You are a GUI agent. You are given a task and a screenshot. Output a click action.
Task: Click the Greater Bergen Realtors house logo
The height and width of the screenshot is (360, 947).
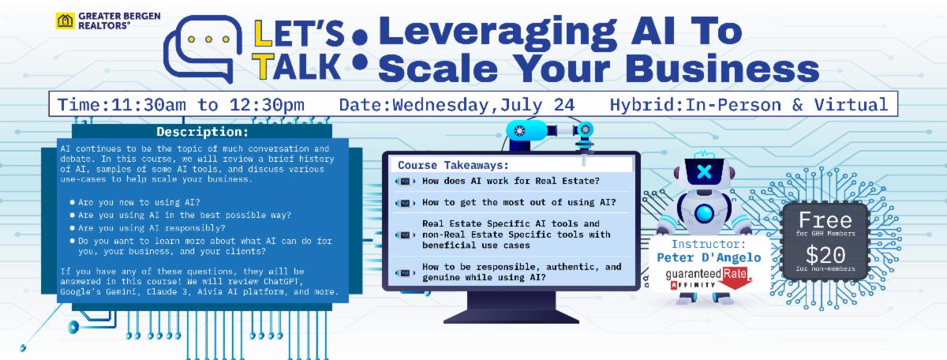click(x=65, y=21)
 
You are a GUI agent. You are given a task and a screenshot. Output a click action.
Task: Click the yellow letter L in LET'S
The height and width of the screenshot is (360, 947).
click(x=263, y=33)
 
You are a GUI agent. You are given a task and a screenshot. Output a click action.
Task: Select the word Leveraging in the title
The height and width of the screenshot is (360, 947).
click(x=498, y=33)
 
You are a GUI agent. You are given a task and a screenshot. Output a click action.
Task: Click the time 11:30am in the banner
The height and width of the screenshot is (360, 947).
click(x=148, y=105)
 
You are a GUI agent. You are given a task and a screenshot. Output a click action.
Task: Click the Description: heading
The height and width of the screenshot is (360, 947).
click(x=203, y=132)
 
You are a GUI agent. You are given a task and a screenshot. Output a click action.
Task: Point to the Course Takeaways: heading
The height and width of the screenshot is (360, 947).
click(x=453, y=165)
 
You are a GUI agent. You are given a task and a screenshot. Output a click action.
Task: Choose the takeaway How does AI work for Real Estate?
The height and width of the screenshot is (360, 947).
click(x=511, y=181)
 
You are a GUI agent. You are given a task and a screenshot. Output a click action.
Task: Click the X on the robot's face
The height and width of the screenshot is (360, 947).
click(x=704, y=171)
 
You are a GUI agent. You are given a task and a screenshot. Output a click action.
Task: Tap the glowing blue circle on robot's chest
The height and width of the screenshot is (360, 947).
click(x=704, y=214)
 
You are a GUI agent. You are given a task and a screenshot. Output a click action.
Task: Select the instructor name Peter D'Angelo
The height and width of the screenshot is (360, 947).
click(x=709, y=257)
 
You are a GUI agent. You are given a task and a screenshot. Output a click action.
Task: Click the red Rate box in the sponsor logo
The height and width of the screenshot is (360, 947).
click(x=736, y=274)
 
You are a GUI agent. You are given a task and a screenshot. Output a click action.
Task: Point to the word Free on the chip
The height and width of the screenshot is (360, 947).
click(x=825, y=220)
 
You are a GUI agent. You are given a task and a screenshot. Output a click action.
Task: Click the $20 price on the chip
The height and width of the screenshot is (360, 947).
click(x=825, y=255)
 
